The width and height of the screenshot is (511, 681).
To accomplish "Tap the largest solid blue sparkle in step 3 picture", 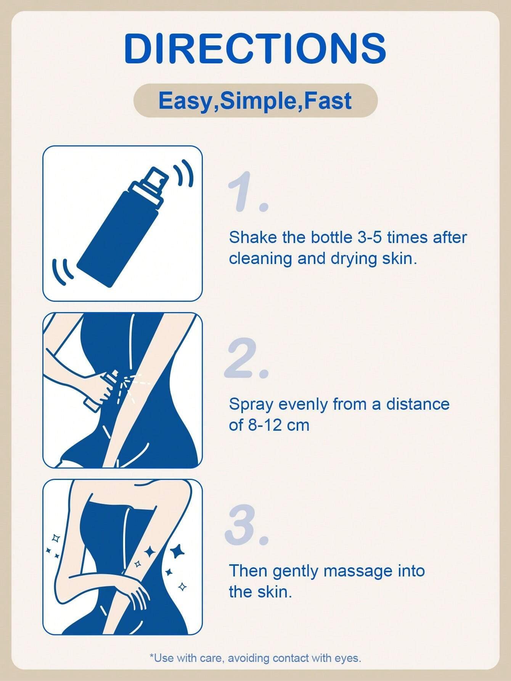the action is tap(177, 551).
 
